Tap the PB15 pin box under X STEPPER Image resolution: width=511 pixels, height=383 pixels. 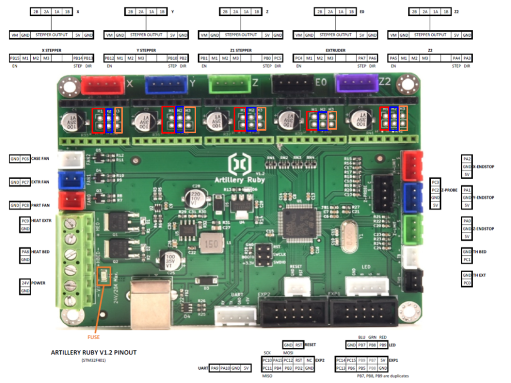pos(15,59)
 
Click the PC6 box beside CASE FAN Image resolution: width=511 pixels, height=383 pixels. pos(26,159)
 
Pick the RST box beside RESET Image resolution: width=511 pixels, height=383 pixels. pos(298,345)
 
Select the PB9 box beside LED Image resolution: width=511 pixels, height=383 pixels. pos(383,345)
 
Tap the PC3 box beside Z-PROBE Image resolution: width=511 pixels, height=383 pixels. pos(435,182)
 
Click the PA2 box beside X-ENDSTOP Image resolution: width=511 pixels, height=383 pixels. pos(467,159)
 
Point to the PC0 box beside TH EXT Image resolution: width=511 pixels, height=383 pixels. pos(467,283)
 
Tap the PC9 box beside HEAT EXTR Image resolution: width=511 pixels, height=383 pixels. pos(25,221)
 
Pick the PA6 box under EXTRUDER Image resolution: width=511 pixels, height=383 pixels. pos(373,59)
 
